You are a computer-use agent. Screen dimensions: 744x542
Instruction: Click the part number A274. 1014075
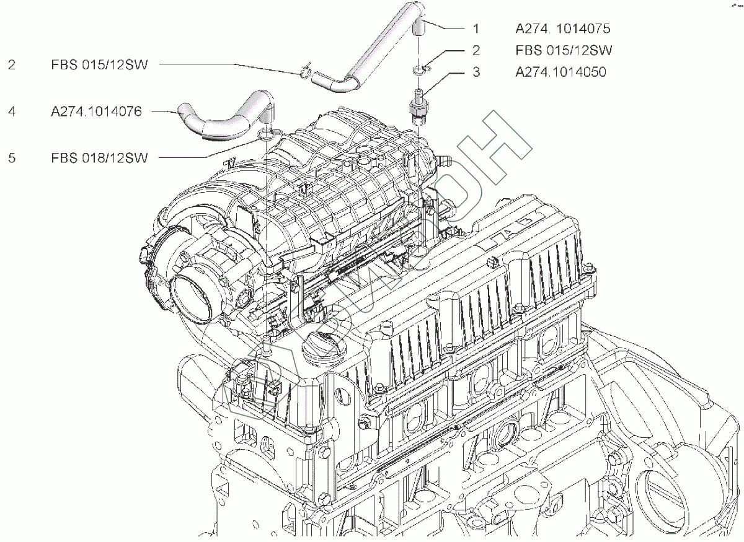coord(563,28)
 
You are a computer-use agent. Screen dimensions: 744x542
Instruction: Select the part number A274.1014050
coord(560,72)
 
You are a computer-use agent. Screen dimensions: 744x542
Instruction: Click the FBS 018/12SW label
coord(100,158)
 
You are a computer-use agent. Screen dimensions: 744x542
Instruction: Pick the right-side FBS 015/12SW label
coord(563,50)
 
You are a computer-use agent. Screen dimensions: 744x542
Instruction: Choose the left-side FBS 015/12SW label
coord(100,64)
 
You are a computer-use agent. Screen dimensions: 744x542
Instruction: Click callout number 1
coord(476,28)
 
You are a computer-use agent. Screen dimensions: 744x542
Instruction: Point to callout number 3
coord(476,72)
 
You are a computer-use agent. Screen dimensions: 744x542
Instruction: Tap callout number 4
coord(12,112)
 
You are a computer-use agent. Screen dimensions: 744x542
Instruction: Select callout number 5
coord(12,158)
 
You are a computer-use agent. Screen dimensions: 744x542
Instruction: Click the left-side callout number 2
coord(12,64)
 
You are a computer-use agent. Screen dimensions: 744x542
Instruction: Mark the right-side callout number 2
coord(476,50)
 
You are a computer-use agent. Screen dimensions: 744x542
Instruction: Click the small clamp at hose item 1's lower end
coord(304,72)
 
